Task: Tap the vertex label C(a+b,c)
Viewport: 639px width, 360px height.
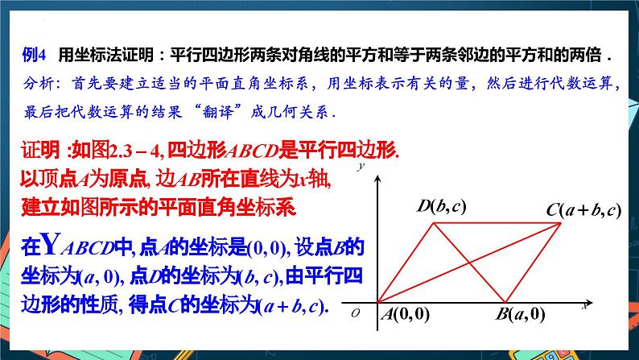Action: (583, 210)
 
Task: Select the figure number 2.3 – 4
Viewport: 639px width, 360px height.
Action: (131, 151)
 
